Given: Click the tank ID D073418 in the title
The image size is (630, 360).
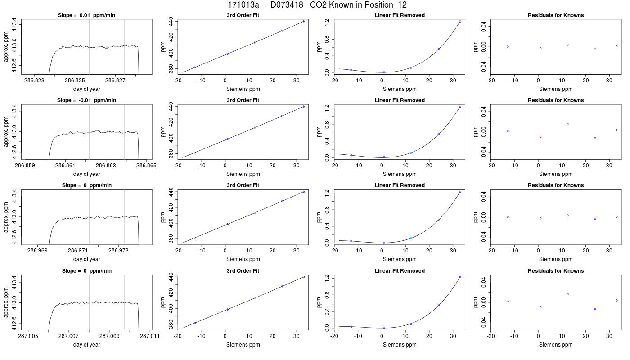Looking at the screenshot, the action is point(287,5).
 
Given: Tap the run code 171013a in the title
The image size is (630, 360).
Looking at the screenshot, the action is point(243,5).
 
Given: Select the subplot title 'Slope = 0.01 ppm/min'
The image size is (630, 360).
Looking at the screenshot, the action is point(86,15).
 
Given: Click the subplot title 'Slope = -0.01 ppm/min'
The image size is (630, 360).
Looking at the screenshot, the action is point(86,100).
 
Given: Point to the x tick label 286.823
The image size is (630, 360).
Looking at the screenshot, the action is point(34,81).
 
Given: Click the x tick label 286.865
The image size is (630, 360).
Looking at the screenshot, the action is point(146,166).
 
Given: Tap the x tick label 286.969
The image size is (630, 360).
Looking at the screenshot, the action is point(37,250).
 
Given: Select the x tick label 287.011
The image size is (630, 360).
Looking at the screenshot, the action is point(149,336).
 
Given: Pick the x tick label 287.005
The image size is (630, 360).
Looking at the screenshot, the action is point(28,336).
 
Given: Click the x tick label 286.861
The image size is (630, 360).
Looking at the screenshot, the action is point(65,166).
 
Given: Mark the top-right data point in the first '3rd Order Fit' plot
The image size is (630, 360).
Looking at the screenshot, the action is point(303,22).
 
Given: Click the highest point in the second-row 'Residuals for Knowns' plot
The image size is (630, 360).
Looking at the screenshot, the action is point(567,124).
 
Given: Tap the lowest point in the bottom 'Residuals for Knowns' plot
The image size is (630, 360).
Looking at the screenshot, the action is point(595,309).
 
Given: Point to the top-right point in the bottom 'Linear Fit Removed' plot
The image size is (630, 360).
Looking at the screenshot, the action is point(460,277).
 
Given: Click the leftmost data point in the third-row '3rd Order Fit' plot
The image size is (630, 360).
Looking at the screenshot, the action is point(194,238).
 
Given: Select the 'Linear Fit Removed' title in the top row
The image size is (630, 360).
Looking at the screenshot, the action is point(400,15).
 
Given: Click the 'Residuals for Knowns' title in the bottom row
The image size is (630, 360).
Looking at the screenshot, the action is point(556,271).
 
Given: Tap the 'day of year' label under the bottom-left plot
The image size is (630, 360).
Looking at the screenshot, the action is point(86,345).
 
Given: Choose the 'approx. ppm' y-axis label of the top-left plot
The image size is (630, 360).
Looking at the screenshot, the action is point(6,47).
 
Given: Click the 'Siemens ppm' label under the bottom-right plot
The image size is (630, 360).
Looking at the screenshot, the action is point(556,345).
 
